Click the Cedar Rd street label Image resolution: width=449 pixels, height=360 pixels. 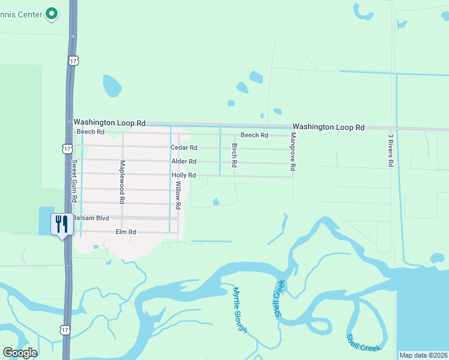pos(184,148)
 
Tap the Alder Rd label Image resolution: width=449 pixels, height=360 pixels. pos(184,161)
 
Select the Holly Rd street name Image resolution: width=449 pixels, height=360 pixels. pos(184,175)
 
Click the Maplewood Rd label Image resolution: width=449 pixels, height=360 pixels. pos(122,182)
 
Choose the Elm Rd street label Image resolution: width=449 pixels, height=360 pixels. pos(125,232)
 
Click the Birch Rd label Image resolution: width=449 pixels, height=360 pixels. pos(234,155)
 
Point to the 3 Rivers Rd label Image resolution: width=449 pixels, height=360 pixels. pos(390,150)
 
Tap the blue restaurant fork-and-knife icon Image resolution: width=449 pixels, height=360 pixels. pos(61,225)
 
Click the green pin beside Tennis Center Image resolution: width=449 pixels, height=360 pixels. pos(52,13)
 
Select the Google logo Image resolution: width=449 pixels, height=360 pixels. pos(20,353)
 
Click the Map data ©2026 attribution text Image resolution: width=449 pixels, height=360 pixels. pos(423,355)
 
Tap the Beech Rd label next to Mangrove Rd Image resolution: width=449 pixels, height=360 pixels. pos(254,135)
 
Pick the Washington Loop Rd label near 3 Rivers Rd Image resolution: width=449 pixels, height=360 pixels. pos(328,127)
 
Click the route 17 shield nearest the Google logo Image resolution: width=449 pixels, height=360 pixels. pos(65,329)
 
